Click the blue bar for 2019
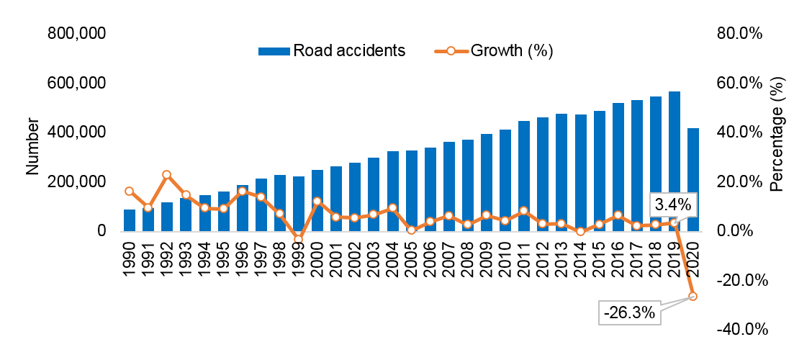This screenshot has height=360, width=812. tap(674, 158)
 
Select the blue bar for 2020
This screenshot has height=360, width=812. tap(693, 180)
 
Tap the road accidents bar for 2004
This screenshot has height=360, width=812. tap(392, 192)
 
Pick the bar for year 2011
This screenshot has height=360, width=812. tap(524, 176)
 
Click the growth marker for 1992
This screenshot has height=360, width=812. tap(166, 175)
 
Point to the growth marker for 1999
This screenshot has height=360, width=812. tap(298, 239)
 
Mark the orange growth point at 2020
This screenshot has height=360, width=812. tap(693, 296)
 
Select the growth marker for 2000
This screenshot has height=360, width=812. tap(317, 202)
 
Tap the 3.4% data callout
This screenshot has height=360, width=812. tap(671, 204)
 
